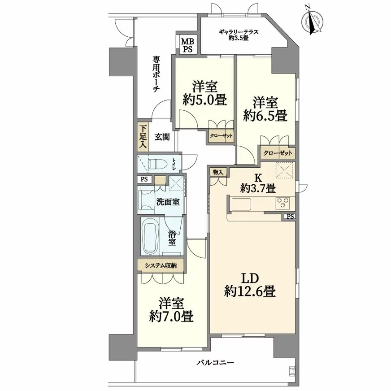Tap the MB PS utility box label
[188, 45]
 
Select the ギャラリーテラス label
[239, 32]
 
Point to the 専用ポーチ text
[156, 74]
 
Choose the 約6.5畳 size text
[265, 115]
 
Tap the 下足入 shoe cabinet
[143, 137]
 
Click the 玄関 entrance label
[162, 137]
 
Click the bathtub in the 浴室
[150, 236]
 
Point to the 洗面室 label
[168, 202]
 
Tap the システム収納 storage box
[161, 265]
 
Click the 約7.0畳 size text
[172, 317]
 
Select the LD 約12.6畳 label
[250, 285]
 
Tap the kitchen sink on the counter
[242, 204]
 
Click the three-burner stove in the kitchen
[283, 203]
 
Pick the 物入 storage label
[218, 172]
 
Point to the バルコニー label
[215, 362]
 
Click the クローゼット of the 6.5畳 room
[278, 153]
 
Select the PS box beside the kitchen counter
[290, 217]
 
